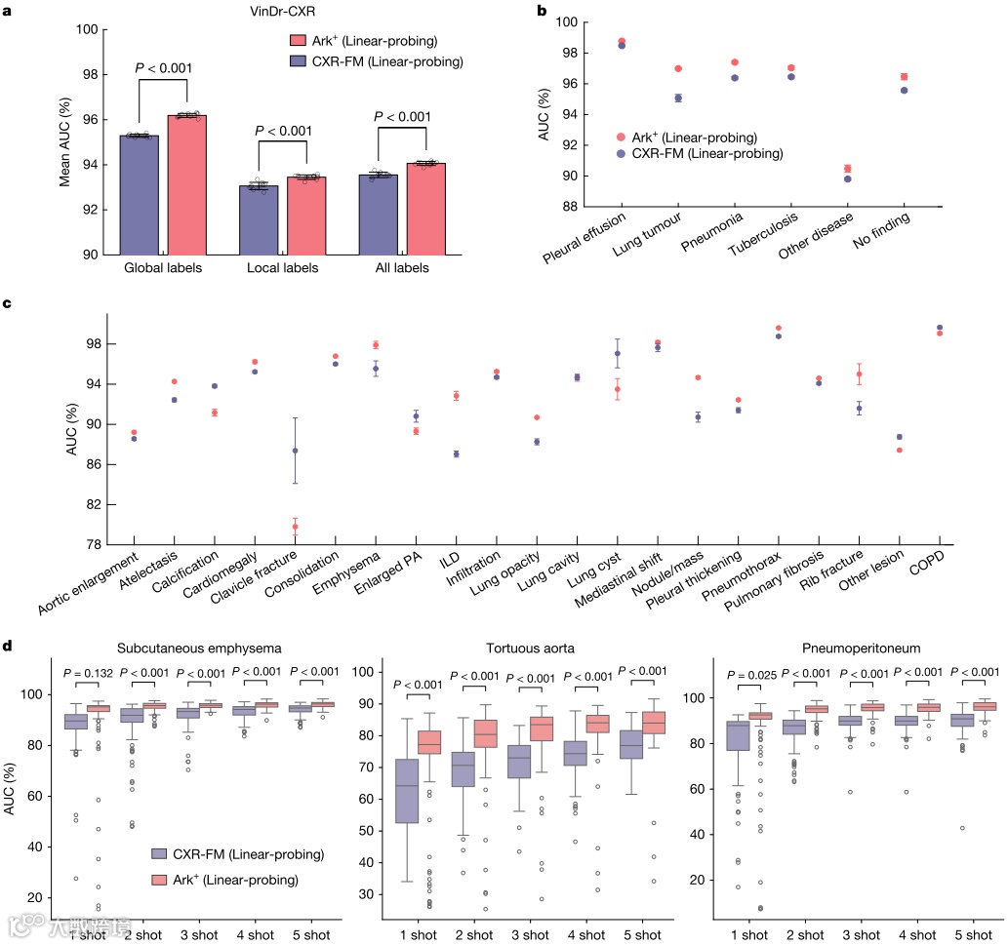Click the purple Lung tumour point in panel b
click(x=678, y=98)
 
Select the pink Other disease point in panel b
click(x=847, y=169)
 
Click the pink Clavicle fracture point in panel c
click(x=295, y=527)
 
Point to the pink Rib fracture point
click(x=859, y=374)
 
